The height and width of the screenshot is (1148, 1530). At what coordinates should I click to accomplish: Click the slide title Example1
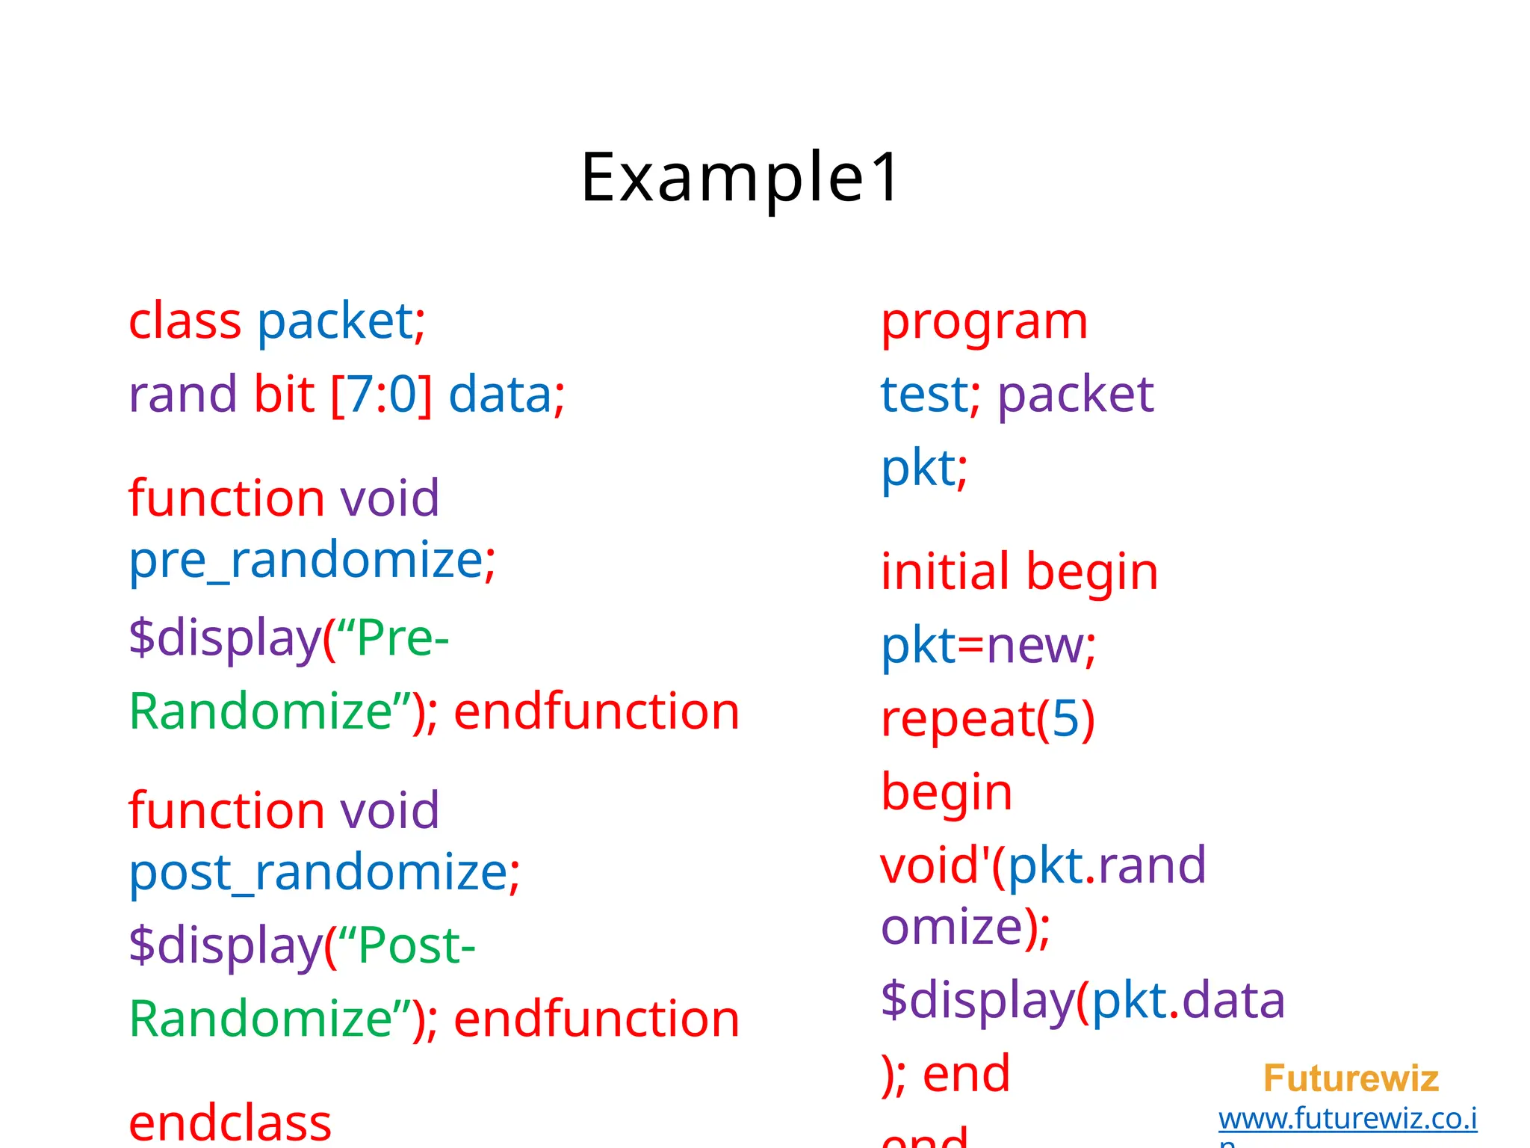tap(741, 178)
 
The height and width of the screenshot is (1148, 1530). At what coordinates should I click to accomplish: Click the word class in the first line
tap(185, 321)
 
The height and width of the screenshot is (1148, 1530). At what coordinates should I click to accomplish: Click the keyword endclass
tap(230, 1123)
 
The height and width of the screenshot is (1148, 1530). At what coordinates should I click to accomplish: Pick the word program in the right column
tap(984, 323)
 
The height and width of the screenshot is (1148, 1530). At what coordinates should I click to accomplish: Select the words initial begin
tap(1019, 572)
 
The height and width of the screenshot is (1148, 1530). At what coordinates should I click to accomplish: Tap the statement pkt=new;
tap(988, 645)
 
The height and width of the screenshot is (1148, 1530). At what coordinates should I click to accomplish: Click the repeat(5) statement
tap(988, 719)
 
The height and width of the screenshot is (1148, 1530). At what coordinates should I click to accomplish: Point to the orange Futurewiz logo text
tap(1351, 1078)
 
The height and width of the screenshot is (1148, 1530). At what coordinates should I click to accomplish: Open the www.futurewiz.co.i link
tap(1347, 1119)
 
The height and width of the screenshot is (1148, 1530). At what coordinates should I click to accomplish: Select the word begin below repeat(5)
tap(947, 792)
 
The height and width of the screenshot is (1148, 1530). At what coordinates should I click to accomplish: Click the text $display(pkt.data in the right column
tap(1083, 1000)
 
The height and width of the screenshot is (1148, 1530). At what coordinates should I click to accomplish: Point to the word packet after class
tap(335, 323)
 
